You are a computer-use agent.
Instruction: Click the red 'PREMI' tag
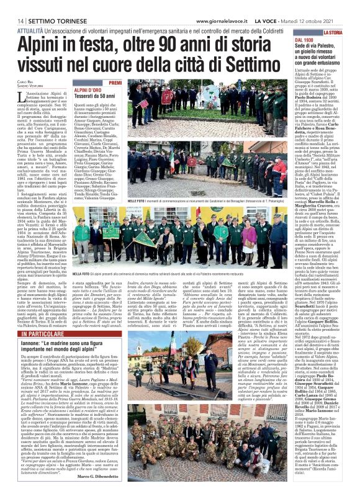115,83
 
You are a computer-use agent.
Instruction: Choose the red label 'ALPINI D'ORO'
86,90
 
